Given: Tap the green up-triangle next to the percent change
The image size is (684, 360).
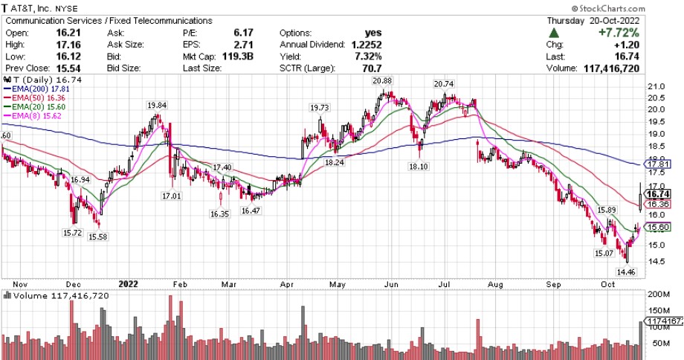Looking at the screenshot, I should click(554, 33).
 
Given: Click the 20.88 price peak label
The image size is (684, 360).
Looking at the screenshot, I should click(382, 81).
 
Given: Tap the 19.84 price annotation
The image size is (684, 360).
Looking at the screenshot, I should click(156, 105).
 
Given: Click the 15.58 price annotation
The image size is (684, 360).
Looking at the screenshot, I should click(98, 237).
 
